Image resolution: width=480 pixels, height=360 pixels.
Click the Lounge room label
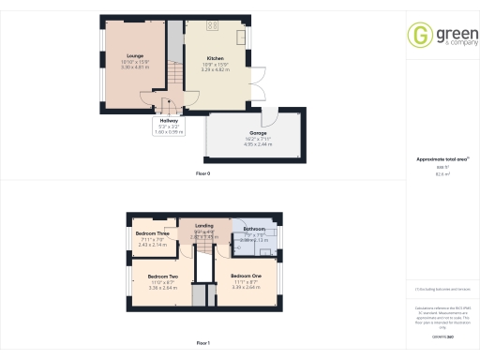pos(122,55)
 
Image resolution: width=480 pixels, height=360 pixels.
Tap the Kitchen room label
pos(216,58)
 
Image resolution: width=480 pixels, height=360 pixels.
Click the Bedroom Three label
pos(151,232)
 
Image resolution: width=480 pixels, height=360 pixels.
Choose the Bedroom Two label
pos(164,277)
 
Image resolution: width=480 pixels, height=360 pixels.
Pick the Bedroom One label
pos(243,277)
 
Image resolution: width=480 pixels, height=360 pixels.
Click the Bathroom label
pos(255,229)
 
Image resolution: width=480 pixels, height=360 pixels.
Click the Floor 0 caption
pos(202,174)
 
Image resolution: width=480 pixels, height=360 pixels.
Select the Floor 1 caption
pos(202,344)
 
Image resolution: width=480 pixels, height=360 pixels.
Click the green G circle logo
pos(418,36)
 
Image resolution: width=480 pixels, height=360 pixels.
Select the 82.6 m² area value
pos(442,173)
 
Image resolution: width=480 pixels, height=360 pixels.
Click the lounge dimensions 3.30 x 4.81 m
pos(122,67)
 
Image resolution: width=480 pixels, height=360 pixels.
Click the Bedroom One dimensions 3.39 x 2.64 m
pos(243,288)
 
